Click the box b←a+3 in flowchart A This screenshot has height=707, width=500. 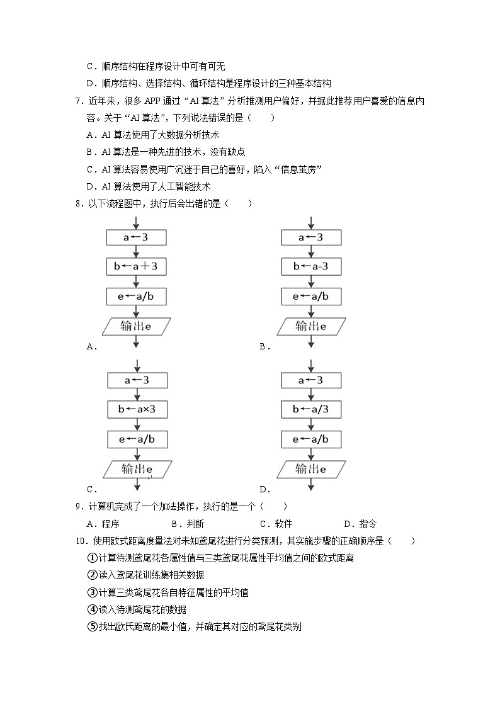pyautogui.click(x=136, y=267)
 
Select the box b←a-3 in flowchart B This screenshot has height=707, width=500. pyautogui.click(x=311, y=267)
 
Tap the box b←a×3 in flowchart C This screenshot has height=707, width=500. pyautogui.click(x=136, y=410)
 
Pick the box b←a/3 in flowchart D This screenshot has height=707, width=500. pyautogui.click(x=311, y=410)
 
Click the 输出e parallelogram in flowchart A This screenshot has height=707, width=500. pyautogui.click(x=136, y=326)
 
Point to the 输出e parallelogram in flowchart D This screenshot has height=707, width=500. pyautogui.click(x=311, y=469)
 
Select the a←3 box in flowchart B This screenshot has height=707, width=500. pyautogui.click(x=311, y=237)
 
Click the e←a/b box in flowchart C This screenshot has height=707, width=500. pyautogui.click(x=136, y=439)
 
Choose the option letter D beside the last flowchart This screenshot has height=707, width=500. pyautogui.click(x=263, y=489)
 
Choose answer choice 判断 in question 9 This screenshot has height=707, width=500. pyautogui.click(x=195, y=524)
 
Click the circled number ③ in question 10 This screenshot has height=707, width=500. pyautogui.click(x=91, y=592)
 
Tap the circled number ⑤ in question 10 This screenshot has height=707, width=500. pyautogui.click(x=91, y=626)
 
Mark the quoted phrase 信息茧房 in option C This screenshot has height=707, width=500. pyautogui.click(x=300, y=169)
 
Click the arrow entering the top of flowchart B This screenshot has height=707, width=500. pyautogui.click(x=311, y=223)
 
